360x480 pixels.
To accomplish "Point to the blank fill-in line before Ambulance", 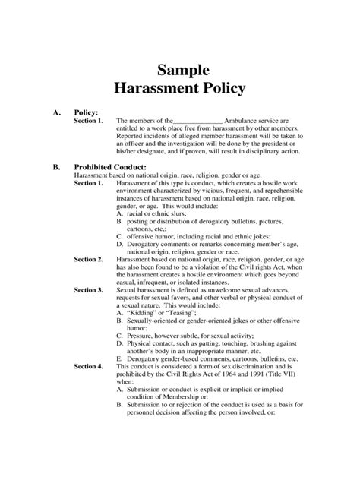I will tap(198, 121).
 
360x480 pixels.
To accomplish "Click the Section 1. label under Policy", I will tap(89, 121).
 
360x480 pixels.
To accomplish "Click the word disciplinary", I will tap(264, 150).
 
